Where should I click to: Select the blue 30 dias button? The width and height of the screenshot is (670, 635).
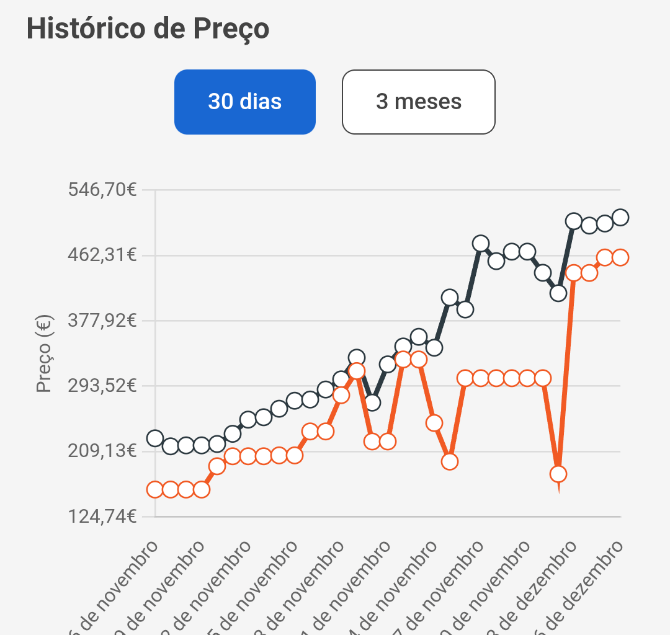(x=245, y=102)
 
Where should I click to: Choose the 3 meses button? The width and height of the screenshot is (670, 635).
(x=419, y=102)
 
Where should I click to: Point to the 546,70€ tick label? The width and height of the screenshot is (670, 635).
(x=102, y=190)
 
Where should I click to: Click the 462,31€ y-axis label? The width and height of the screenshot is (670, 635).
(x=102, y=255)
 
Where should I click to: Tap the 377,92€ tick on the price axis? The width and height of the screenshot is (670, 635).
(x=102, y=321)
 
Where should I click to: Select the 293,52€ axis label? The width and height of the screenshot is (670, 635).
(x=102, y=386)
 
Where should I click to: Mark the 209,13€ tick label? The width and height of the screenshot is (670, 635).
(x=102, y=451)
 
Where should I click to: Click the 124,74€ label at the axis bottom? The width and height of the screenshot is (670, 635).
(x=102, y=516)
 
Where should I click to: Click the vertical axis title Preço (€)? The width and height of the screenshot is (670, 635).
(x=43, y=353)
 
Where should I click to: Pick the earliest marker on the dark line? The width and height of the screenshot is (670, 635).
(x=155, y=438)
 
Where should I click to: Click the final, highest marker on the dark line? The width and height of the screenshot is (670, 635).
(x=620, y=217)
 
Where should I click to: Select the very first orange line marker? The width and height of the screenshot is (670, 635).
(x=155, y=489)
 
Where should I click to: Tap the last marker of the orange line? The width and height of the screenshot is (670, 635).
(x=620, y=257)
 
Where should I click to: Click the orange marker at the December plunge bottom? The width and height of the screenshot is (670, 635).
(x=558, y=474)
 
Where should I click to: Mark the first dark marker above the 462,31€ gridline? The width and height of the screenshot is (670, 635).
(x=481, y=243)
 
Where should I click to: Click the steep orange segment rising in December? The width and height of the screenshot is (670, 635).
(x=566, y=372)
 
